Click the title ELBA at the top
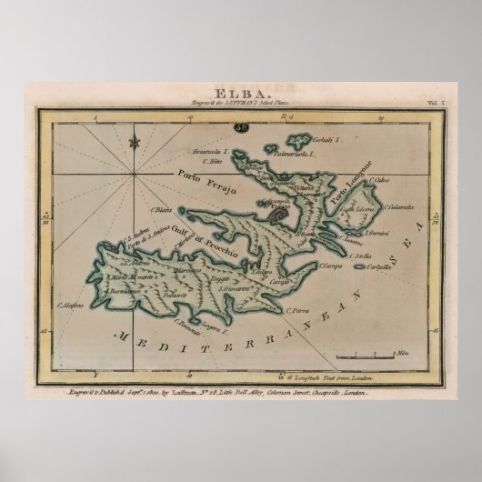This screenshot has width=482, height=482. pos(240,91)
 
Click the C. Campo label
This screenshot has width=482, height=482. pos(329,266)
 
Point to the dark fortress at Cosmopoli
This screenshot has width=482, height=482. pos(273,216)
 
